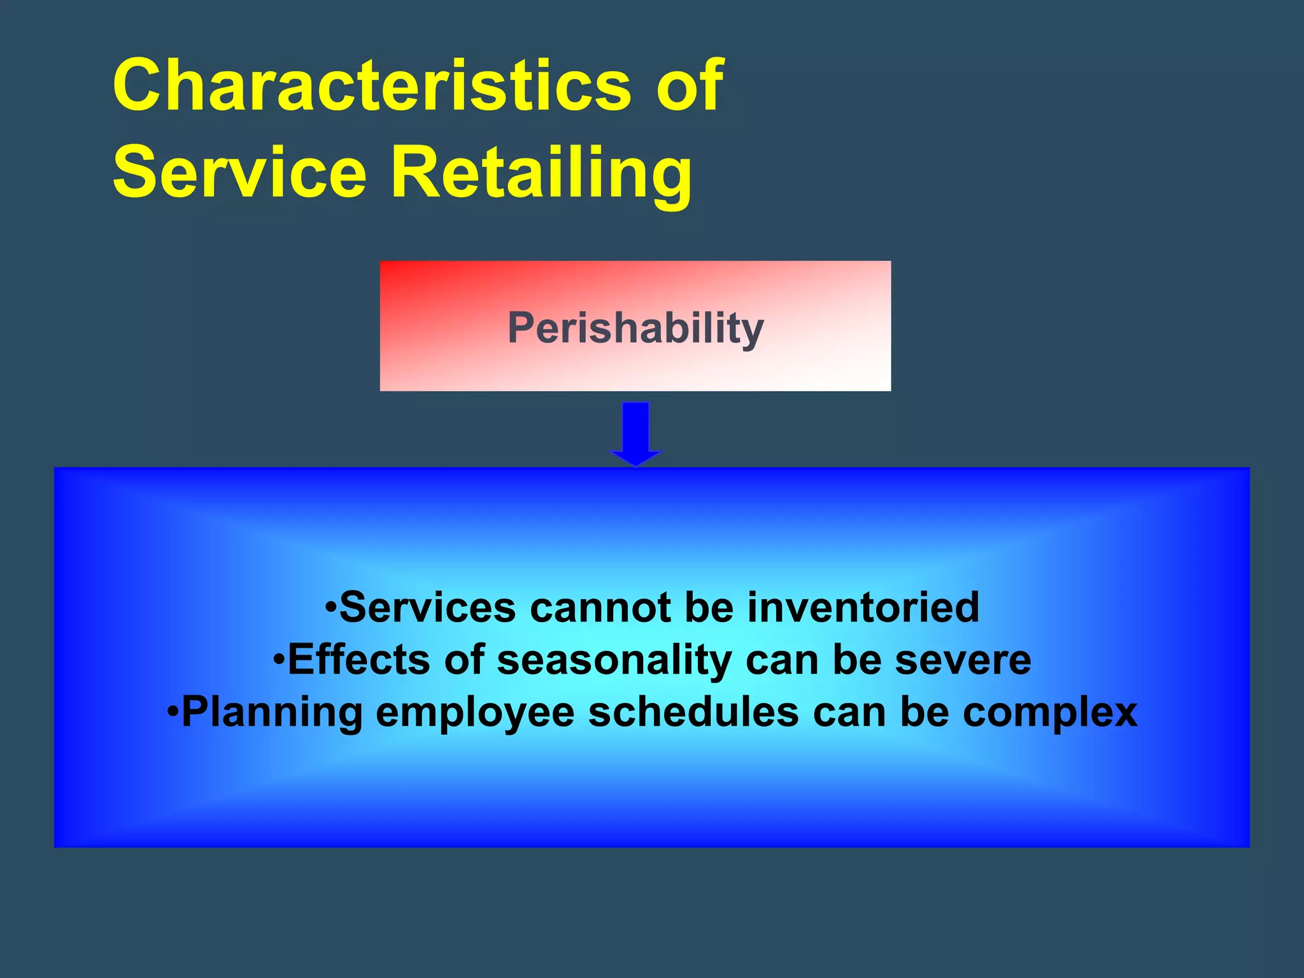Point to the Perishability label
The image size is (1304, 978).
pyautogui.click(x=635, y=328)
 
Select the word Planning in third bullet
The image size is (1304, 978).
pyautogui.click(x=272, y=712)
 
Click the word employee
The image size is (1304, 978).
pyautogui.click(x=475, y=712)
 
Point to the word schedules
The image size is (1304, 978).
pyautogui.click(x=693, y=712)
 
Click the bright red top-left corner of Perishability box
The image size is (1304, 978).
pyautogui.click(x=390, y=270)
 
